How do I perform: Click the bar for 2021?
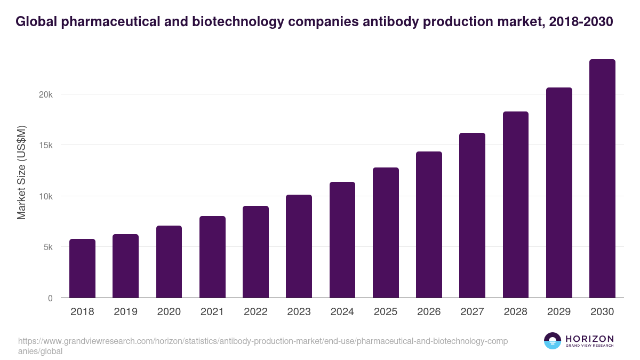click(212, 257)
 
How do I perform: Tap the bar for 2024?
click(342, 240)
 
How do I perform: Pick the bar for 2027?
click(472, 215)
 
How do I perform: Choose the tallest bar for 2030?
click(602, 179)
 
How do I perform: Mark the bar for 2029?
click(559, 193)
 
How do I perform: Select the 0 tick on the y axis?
click(50, 298)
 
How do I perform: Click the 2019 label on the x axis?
click(125, 311)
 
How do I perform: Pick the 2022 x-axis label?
click(255, 311)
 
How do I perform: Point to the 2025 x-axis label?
click(386, 311)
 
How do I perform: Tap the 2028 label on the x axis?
click(515, 311)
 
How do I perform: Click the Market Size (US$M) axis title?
click(21, 172)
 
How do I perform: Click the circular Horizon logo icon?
click(553, 341)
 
